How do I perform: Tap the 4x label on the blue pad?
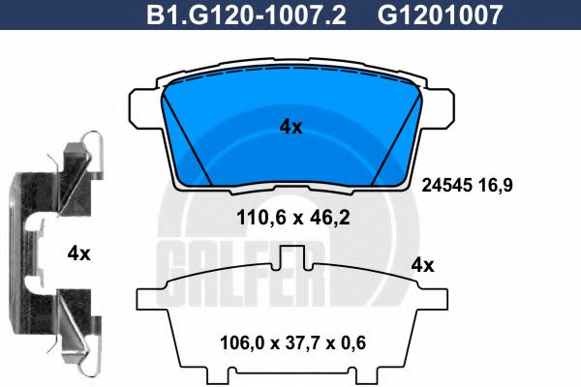pos(290,127)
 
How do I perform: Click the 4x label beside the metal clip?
pos(78,253)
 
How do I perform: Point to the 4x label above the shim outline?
pos(422,264)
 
